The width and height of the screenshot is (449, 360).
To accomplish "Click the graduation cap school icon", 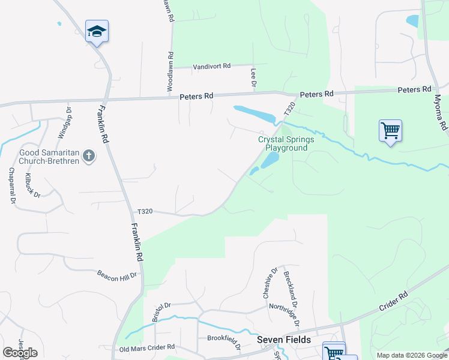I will (97, 31).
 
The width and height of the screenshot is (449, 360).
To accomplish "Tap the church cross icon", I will (88, 156).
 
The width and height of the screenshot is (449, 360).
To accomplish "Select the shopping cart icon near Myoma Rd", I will (390, 130).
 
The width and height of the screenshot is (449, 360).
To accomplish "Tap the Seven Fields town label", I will (284, 340).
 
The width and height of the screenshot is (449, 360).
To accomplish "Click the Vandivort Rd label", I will (211, 67).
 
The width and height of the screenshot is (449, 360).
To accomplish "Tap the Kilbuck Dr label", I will (32, 185).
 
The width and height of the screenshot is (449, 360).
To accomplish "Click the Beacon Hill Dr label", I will (117, 274).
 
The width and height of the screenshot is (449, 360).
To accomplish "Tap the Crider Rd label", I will (393, 301).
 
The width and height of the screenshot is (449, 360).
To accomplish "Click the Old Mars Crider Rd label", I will (147, 347).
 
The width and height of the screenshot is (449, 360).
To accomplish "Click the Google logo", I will (20, 352).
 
